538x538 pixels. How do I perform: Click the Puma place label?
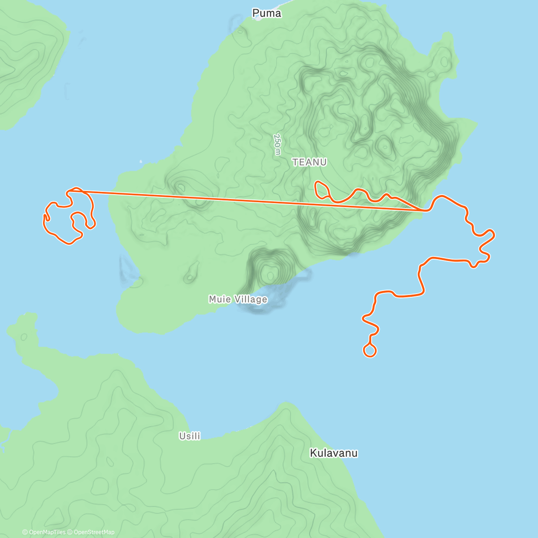click(x=267, y=13)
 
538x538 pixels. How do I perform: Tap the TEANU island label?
click(x=309, y=162)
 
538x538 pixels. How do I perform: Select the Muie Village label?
click(x=238, y=299)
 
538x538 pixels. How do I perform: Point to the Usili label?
click(x=190, y=436)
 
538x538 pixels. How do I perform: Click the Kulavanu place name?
click(x=334, y=453)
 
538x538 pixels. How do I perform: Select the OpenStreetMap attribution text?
click(x=94, y=532)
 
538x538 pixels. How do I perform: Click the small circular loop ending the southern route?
click(x=369, y=351)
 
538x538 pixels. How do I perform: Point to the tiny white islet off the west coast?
click(x=141, y=161)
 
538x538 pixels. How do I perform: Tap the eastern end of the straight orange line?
click(x=423, y=210)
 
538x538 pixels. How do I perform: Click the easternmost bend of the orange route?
click(x=493, y=234)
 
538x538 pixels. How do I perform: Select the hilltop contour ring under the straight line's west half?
click(x=182, y=187)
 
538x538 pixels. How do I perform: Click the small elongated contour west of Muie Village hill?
click(x=191, y=273)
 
